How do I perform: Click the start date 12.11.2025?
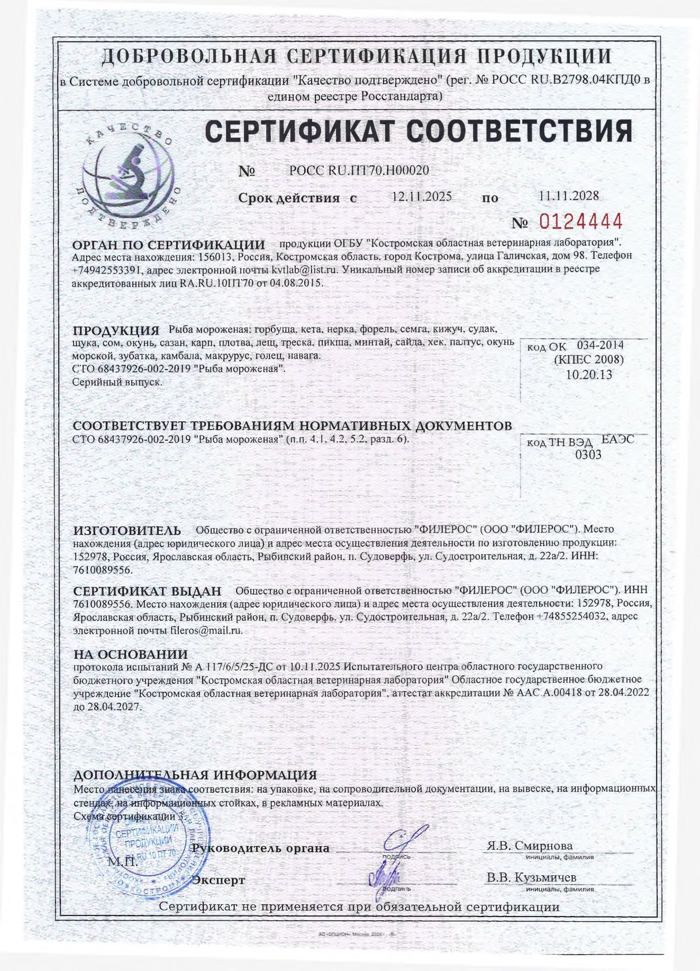421,196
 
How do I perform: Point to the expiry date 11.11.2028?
569,195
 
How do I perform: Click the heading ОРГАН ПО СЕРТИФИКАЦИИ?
168,245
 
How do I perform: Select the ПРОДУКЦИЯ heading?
116,331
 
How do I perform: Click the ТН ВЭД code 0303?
588,454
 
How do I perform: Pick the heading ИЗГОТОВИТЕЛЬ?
126,530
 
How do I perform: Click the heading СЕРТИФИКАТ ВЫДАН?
147,591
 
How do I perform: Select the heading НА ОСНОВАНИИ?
130,655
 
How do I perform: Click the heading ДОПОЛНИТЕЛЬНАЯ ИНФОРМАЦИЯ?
194,775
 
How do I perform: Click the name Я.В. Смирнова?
529,846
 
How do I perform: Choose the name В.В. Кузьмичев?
531,877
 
